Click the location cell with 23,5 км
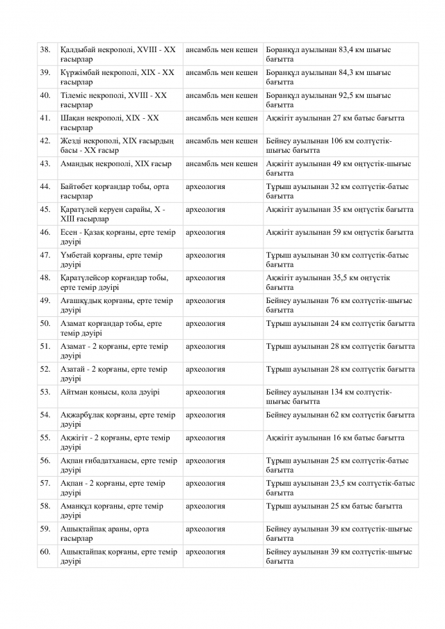(340, 487)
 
